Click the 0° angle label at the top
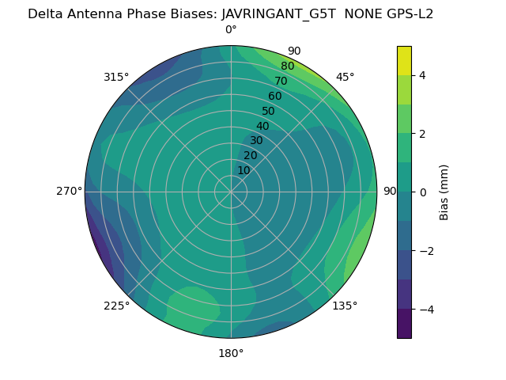tap(231, 30)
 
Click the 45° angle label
tap(345, 77)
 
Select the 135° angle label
tap(345, 306)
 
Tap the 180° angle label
tap(231, 353)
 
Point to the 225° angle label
tap(116, 306)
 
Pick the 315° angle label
tap(116, 77)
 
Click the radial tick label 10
tap(244, 170)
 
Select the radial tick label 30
tap(256, 140)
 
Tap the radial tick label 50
tap(269, 111)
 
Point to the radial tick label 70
tap(281, 81)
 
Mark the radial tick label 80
tap(287, 66)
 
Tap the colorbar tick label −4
tap(421, 309)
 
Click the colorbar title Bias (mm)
tap(444, 192)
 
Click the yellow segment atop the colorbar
tap(404, 60)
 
